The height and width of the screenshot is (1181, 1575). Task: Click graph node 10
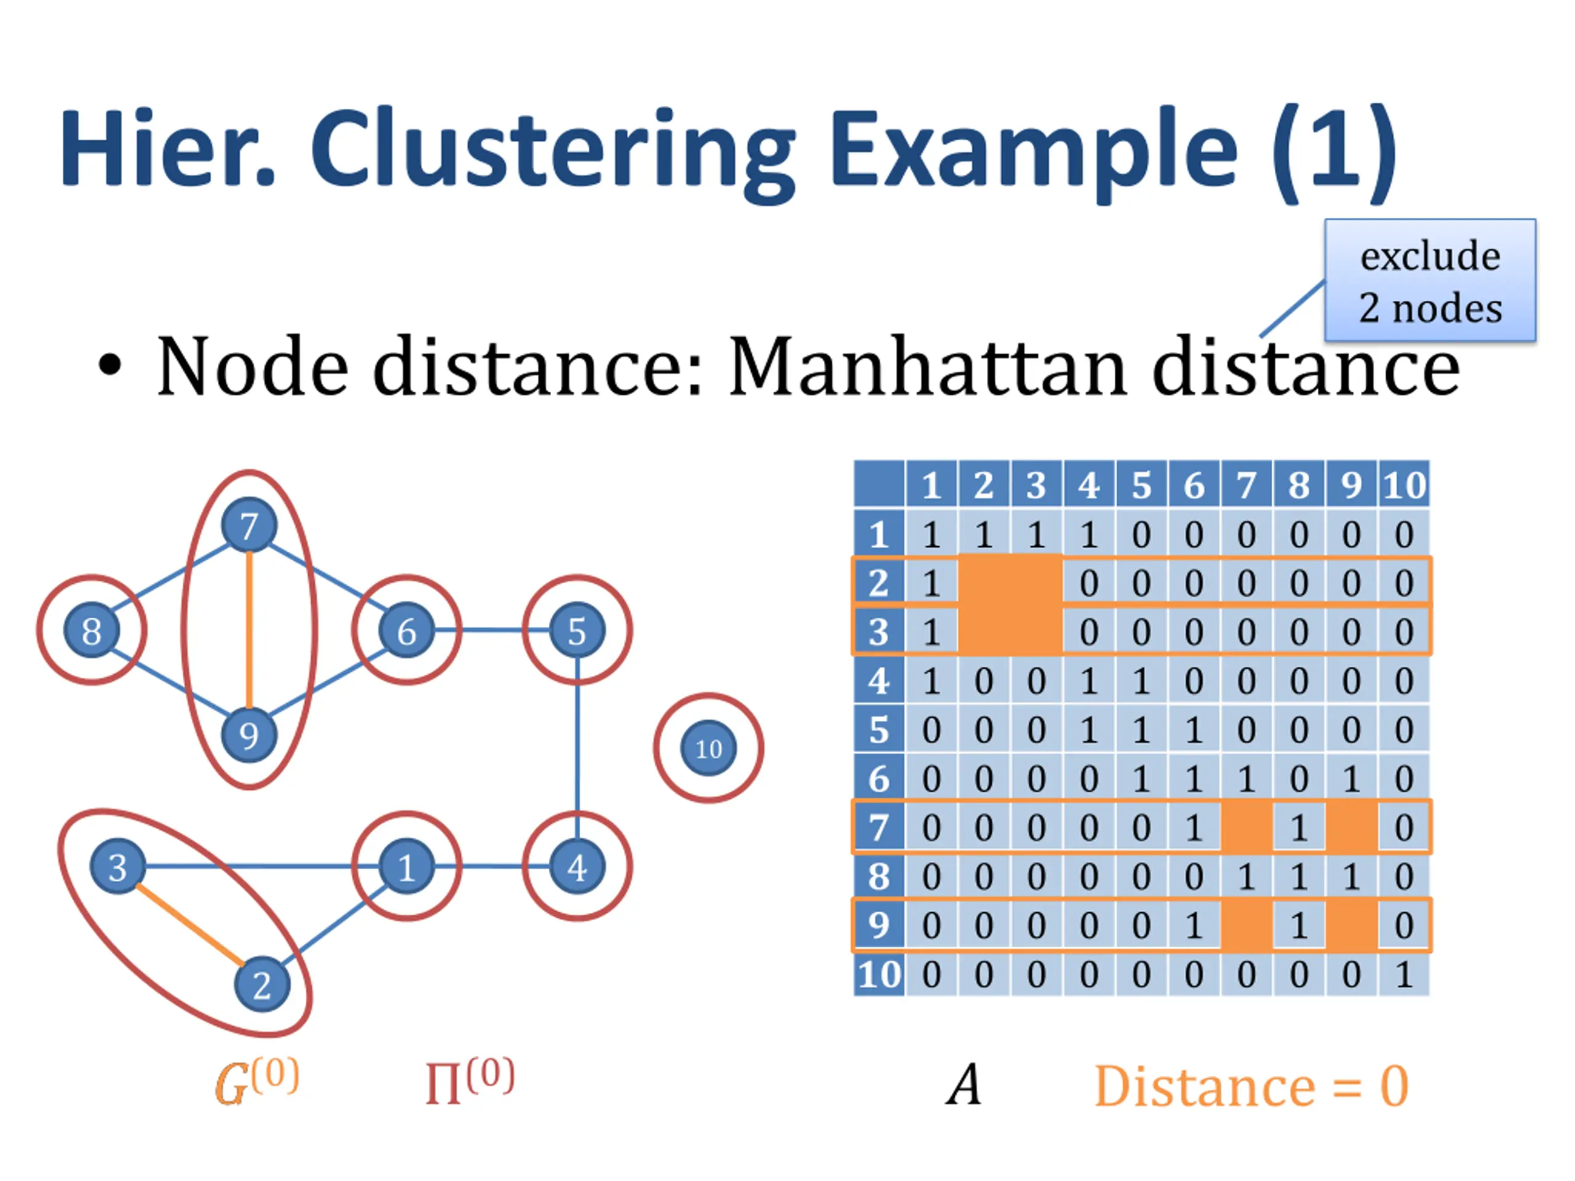(x=709, y=748)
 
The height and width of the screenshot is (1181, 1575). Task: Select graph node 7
(x=249, y=526)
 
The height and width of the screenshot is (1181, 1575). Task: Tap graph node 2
(x=262, y=985)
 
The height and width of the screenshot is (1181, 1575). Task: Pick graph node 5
(x=576, y=630)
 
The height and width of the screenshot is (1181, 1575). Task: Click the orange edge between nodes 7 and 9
(x=249, y=630)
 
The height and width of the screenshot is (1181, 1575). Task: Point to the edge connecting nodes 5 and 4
(x=576, y=747)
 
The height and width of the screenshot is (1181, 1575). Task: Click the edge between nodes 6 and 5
(x=492, y=630)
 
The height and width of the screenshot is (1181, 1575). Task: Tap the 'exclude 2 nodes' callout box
(x=1430, y=280)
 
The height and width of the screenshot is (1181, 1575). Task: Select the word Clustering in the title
(x=553, y=149)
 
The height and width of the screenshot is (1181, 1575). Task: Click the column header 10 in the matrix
(x=1404, y=485)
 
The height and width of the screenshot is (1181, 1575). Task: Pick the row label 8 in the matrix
(x=879, y=877)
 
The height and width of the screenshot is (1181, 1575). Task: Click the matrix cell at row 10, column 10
(x=1404, y=974)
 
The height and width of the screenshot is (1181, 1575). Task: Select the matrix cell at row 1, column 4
(x=1089, y=535)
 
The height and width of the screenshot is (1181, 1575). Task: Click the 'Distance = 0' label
(x=1251, y=1086)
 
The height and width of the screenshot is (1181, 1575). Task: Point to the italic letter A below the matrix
(x=964, y=1085)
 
